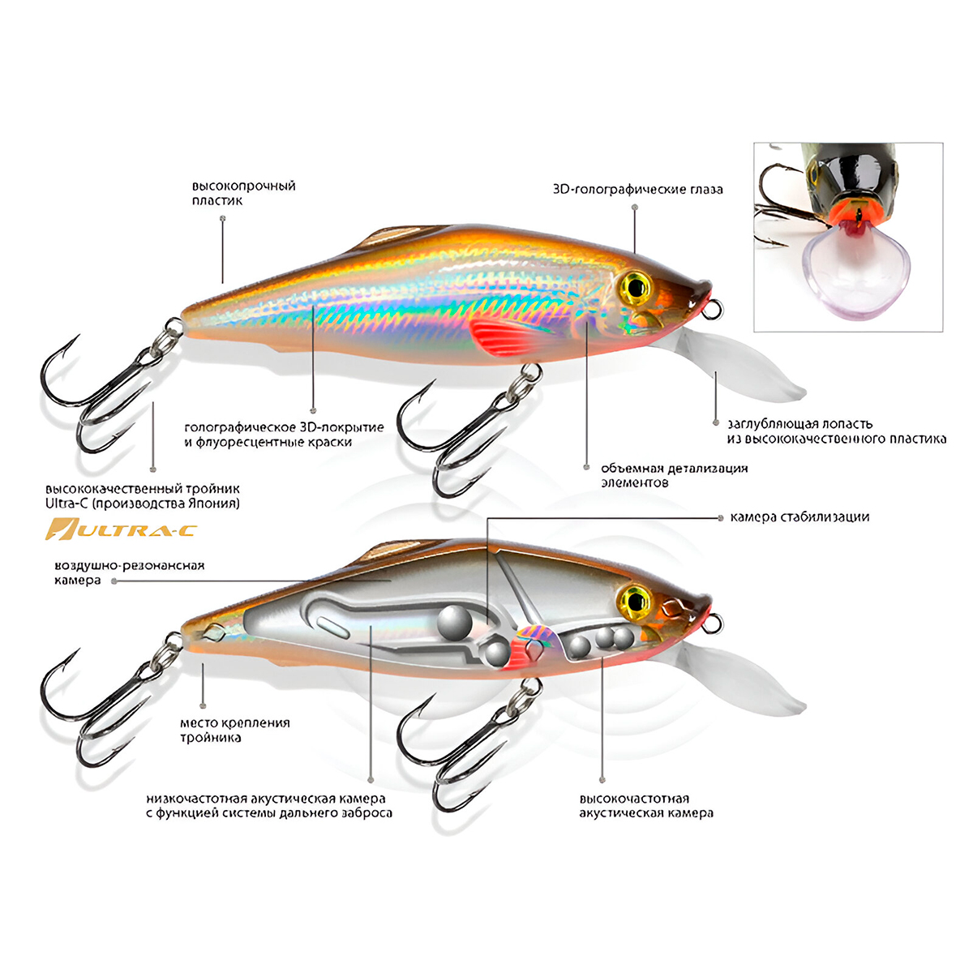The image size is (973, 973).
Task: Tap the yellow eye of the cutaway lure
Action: pyautogui.click(x=636, y=601)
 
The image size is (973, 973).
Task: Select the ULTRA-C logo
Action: pyautogui.click(x=122, y=531)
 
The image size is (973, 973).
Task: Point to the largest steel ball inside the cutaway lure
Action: pyautogui.click(x=456, y=622)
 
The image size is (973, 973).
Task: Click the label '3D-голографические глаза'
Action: pyautogui.click(x=637, y=190)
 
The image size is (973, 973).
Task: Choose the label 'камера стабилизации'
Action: pyautogui.click(x=799, y=517)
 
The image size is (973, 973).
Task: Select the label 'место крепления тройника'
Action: pyautogui.click(x=234, y=730)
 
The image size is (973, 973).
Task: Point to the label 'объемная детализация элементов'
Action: pyautogui.click(x=674, y=475)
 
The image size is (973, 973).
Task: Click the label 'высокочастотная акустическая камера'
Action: pyautogui.click(x=645, y=805)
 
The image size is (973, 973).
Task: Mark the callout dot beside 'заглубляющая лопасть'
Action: pyautogui.click(x=716, y=422)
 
